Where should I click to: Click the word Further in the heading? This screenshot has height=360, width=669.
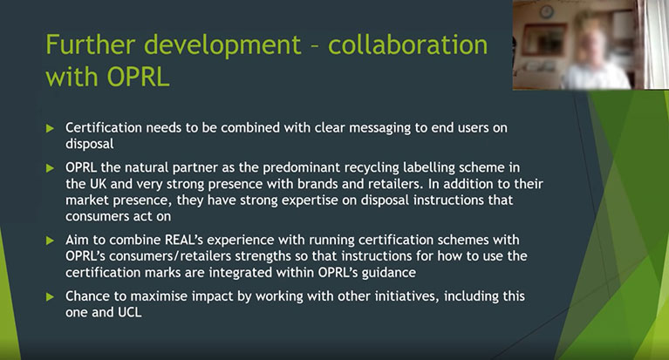(91, 44)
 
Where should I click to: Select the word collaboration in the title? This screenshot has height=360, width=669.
(407, 44)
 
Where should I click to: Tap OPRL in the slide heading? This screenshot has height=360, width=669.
(138, 78)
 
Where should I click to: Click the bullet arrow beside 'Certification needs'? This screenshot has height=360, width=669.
(50, 128)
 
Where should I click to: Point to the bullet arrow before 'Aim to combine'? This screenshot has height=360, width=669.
(50, 241)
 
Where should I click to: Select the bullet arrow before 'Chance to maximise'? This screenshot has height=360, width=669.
(50, 296)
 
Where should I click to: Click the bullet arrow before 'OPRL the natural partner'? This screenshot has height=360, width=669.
(50, 168)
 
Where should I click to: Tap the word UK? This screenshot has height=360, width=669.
(98, 184)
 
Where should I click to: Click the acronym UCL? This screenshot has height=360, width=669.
(130, 312)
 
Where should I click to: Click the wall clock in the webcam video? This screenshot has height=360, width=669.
(547, 11)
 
